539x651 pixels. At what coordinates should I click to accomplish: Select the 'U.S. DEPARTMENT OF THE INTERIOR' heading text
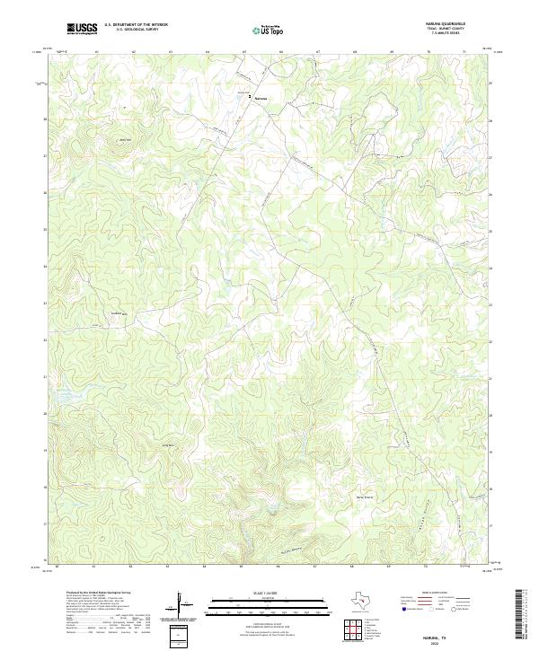136,24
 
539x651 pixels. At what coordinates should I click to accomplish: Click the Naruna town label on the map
261,96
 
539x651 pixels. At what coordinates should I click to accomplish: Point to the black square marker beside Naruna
250,96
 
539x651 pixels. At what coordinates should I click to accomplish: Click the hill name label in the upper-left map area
125,139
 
